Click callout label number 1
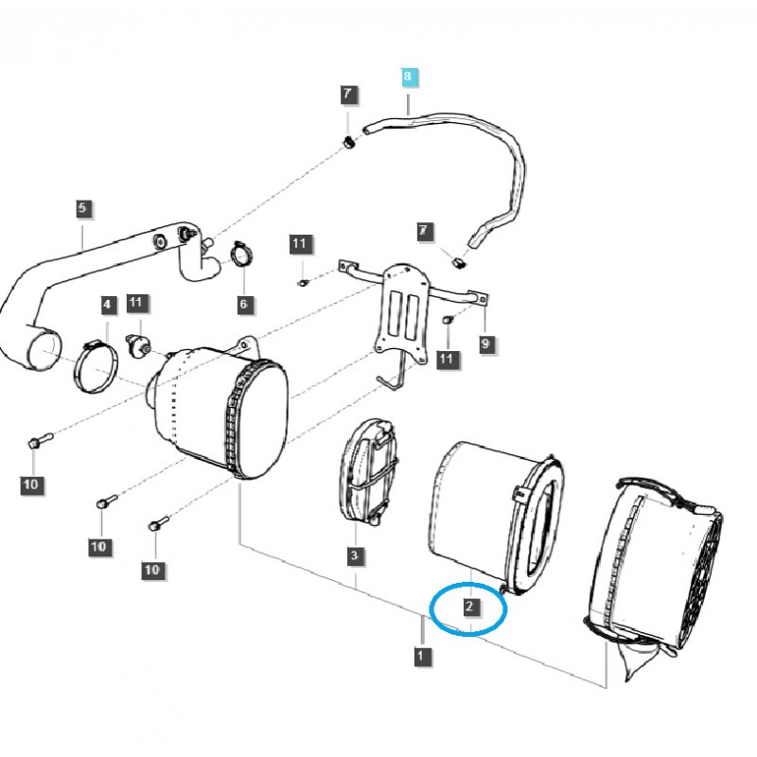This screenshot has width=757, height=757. tap(420, 654)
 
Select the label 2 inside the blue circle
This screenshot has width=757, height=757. tap(469, 607)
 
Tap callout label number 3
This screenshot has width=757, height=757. tap(353, 555)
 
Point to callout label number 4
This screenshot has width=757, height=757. tap(108, 305)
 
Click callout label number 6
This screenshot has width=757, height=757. tap(243, 304)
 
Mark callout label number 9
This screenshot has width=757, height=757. tap(485, 344)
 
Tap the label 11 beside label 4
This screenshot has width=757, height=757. tap(137, 303)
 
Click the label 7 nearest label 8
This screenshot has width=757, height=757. tap(347, 95)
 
